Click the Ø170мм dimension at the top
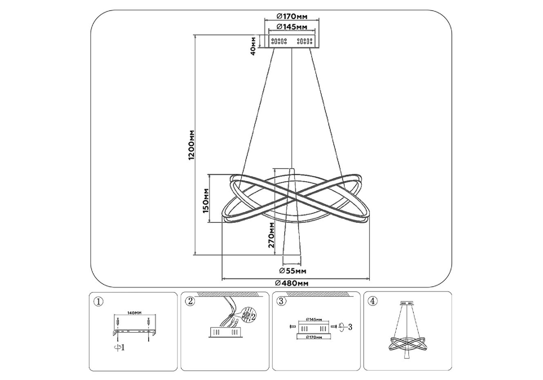[291, 16]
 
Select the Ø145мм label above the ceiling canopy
[291, 27]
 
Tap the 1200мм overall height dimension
[191, 145]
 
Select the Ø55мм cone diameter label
[292, 271]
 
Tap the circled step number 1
[99, 301]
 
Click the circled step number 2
[190, 301]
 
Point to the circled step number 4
[372, 301]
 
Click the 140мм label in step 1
[134, 313]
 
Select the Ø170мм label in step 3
[314, 337]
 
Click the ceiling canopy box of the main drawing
[292, 41]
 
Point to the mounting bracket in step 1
[134, 332]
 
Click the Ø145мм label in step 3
[314, 319]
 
